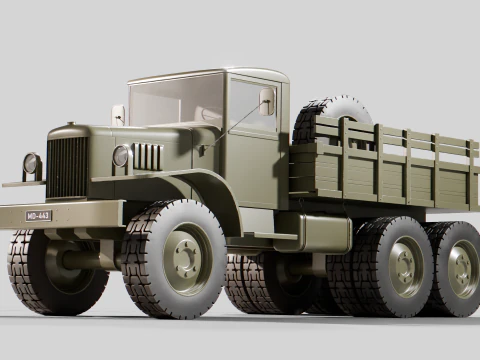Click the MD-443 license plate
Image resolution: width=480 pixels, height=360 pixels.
click(x=38, y=215)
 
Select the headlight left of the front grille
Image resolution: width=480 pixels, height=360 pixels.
click(x=32, y=164)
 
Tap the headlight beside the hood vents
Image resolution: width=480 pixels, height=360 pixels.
click(x=121, y=156)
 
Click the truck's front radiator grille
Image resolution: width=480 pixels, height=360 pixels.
click(x=67, y=167)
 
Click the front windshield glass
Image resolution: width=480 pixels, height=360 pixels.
click(x=170, y=102)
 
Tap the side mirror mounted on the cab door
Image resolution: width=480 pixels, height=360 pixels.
click(x=267, y=100)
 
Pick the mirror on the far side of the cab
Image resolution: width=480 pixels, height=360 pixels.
click(x=118, y=114)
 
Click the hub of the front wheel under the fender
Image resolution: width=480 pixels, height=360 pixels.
click(x=185, y=259)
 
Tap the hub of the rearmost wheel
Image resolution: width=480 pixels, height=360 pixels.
click(x=460, y=268)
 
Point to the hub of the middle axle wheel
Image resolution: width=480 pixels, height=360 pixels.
click(x=403, y=267)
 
